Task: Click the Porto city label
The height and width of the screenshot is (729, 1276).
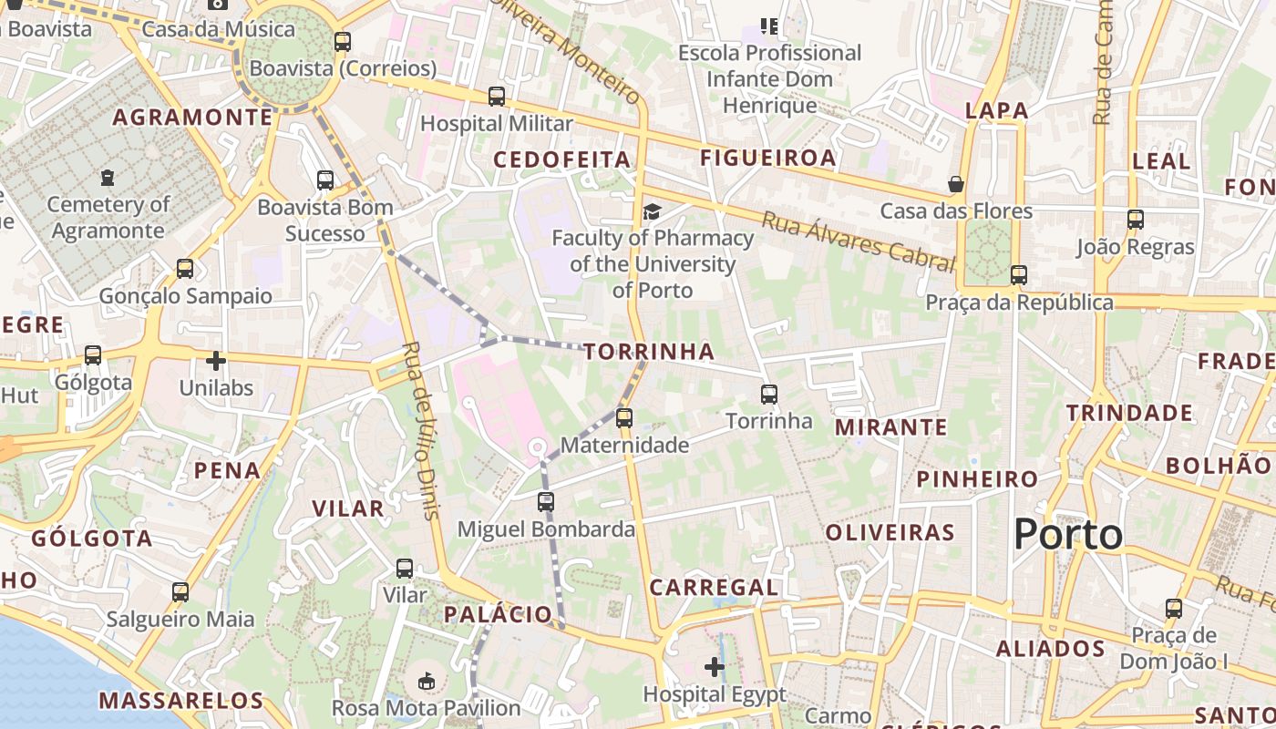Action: pyautogui.click(x=1068, y=534)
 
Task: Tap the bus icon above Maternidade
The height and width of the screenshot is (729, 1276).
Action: pyautogui.click(x=624, y=418)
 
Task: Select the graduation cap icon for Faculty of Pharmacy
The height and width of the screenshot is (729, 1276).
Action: pyautogui.click(x=652, y=212)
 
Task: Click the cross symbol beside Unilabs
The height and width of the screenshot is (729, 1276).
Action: pyautogui.click(x=216, y=361)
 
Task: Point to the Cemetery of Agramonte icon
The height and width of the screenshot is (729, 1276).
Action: pyautogui.click(x=108, y=177)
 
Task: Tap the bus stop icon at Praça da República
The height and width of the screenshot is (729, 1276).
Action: pyautogui.click(x=1019, y=275)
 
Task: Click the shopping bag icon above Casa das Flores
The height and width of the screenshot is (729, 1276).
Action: pyautogui.click(x=956, y=184)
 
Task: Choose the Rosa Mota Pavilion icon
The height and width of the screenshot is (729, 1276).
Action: pyautogui.click(x=426, y=681)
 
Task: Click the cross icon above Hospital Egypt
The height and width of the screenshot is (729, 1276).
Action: pyautogui.click(x=715, y=668)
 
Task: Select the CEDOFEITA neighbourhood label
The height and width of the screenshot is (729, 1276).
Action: pyautogui.click(x=562, y=159)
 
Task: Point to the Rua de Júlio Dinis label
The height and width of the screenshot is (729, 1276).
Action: pyautogui.click(x=421, y=430)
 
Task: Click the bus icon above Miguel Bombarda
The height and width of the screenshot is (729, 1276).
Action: pyautogui.click(x=546, y=502)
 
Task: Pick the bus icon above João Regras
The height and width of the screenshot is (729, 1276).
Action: pyautogui.click(x=1135, y=220)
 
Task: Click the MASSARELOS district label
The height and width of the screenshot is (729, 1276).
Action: pyautogui.click(x=181, y=701)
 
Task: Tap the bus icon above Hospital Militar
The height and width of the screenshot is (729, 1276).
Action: pyautogui.click(x=497, y=97)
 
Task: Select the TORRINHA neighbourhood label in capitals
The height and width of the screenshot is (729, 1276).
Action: pyautogui.click(x=649, y=352)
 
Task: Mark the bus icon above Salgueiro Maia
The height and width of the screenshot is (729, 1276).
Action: pyautogui.click(x=180, y=592)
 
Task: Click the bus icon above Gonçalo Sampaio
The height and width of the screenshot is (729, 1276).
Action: pyautogui.click(x=185, y=269)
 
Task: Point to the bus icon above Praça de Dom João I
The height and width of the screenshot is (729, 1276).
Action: pyautogui.click(x=1174, y=609)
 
